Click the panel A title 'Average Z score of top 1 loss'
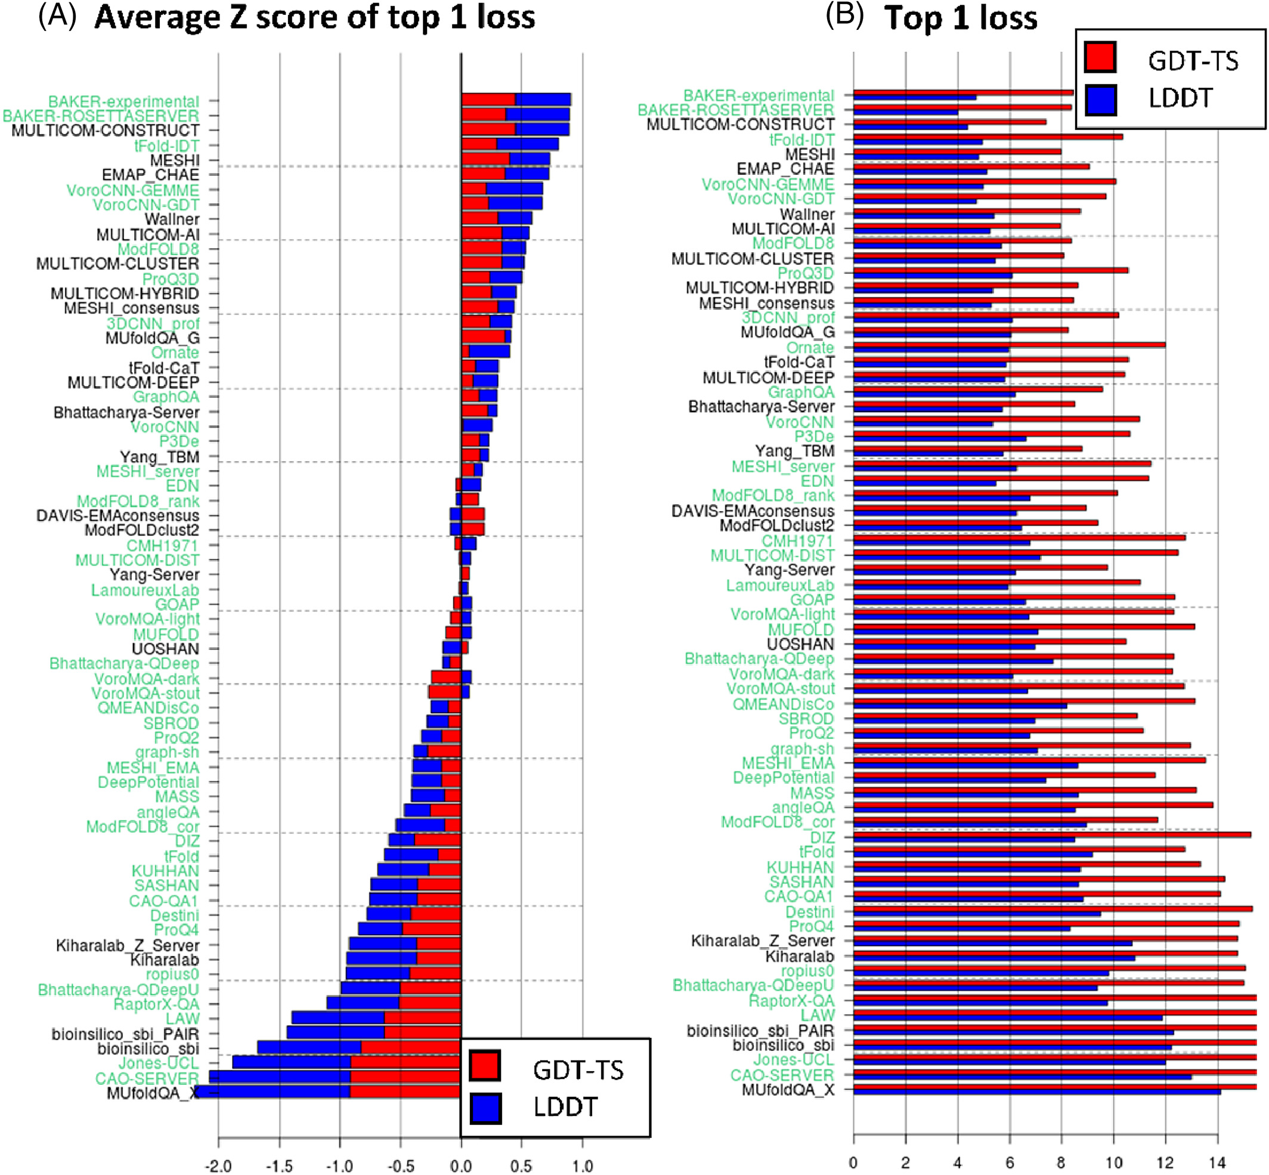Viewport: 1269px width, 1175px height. [x=314, y=17]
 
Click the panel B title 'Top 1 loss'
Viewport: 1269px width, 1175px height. [x=960, y=17]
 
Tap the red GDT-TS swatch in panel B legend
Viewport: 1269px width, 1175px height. [x=1100, y=57]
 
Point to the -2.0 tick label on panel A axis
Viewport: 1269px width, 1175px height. [x=218, y=1166]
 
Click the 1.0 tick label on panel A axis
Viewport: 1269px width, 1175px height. [x=583, y=1166]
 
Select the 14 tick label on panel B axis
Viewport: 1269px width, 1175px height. [x=1217, y=1163]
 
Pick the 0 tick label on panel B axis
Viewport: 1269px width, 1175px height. [x=853, y=1163]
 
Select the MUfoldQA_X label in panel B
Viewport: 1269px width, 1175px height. [x=788, y=1090]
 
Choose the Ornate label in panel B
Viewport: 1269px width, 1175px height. [x=810, y=347]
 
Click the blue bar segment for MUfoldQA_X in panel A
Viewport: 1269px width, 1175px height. [x=273, y=1091]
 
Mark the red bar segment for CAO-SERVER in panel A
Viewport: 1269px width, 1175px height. [x=405, y=1077]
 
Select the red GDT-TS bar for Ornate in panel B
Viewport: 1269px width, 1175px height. [x=1009, y=345]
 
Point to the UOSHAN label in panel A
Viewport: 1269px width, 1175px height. [x=165, y=648]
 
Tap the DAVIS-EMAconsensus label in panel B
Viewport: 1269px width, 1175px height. [x=753, y=511]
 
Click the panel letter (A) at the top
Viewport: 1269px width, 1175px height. [x=57, y=16]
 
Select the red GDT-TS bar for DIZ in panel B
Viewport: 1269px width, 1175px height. [x=1051, y=835]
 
